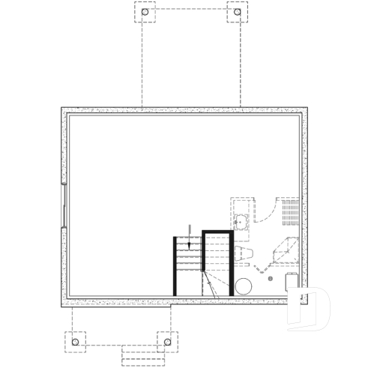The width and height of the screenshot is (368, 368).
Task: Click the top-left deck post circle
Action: coord(145,13)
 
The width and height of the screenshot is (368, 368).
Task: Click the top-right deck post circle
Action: coord(237,13)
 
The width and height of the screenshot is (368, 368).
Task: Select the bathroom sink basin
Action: coord(242,220)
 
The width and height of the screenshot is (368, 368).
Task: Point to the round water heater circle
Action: coord(244,286)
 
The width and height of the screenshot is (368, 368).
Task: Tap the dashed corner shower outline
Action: coord(285,248)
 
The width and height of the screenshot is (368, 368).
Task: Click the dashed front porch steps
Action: coord(142,354)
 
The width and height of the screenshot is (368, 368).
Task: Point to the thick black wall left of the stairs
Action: coord(175,266)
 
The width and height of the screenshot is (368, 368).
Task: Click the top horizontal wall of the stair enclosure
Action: coord(218,232)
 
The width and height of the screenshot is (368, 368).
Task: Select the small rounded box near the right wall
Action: coord(293,280)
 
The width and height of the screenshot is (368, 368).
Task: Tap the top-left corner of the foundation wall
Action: coord(64,110)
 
